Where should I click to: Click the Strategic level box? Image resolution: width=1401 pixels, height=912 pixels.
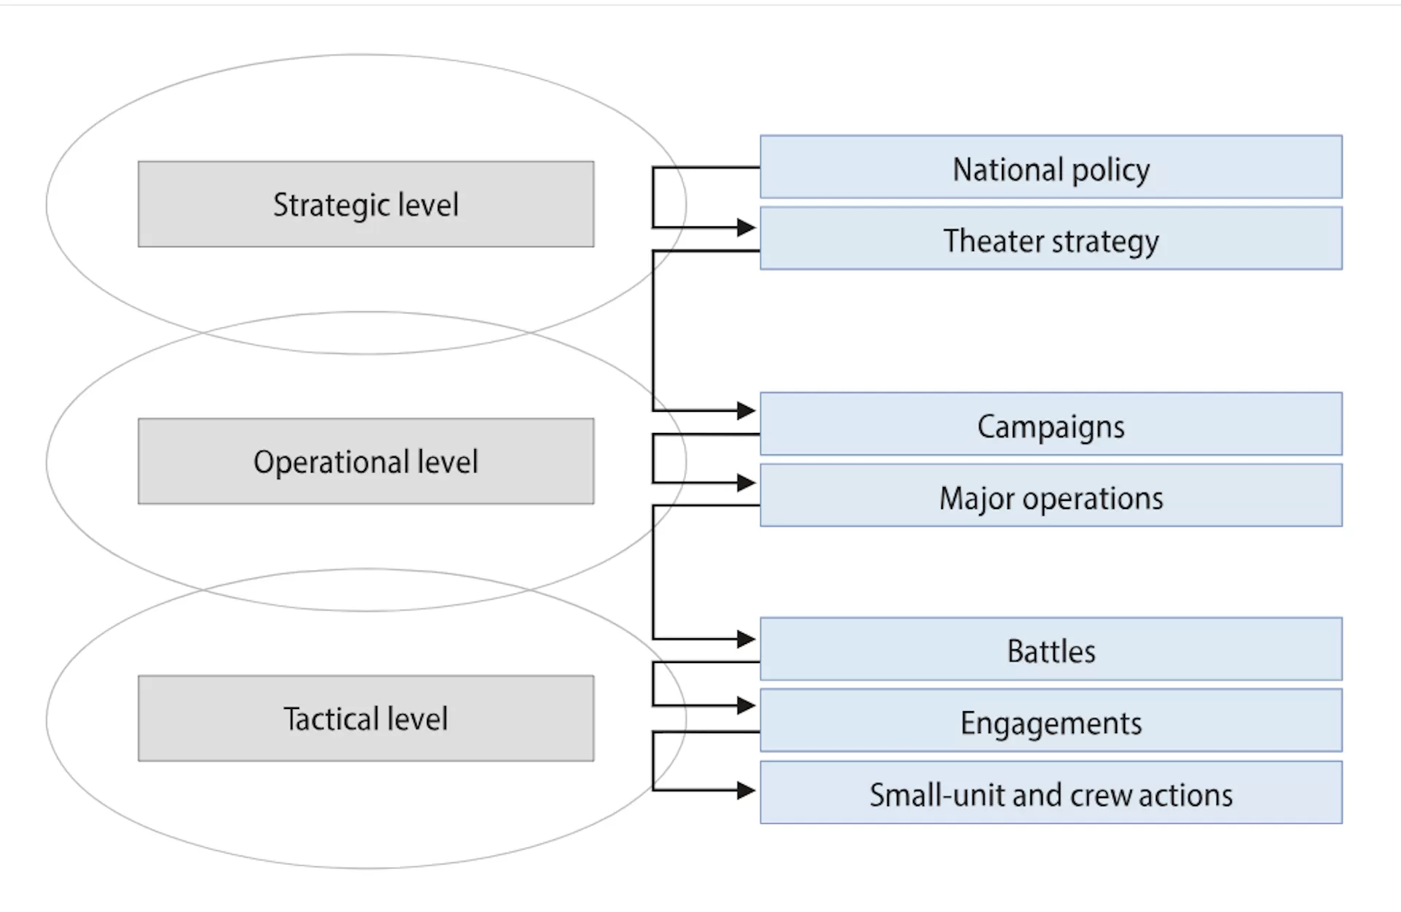click(x=366, y=204)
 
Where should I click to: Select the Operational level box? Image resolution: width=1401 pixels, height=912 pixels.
click(x=366, y=461)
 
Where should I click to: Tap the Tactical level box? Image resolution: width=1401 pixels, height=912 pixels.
click(x=366, y=719)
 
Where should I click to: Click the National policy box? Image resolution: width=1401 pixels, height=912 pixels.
click(x=1051, y=167)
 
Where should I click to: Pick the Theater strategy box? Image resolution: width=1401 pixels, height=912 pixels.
click(x=1051, y=239)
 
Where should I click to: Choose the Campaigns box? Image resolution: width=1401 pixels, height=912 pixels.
click(x=1051, y=424)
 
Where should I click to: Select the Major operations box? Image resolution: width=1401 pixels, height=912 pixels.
click(x=1051, y=496)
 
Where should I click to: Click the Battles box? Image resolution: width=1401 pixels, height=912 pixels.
click(x=1051, y=649)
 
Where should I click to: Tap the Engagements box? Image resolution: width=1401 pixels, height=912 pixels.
click(x=1051, y=721)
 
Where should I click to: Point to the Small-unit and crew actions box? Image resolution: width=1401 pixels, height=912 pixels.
click(x=1051, y=793)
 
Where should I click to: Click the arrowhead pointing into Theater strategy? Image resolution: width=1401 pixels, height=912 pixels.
click(x=746, y=228)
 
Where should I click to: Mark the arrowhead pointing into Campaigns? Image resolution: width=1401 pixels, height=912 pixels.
click(x=746, y=411)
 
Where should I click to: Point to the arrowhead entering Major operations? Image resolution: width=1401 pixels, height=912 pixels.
click(x=746, y=483)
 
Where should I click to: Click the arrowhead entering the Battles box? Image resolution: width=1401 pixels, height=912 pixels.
click(x=746, y=640)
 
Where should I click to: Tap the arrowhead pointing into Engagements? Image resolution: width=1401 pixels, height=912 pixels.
click(x=746, y=705)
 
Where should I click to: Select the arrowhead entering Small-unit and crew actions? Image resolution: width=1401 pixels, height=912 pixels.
click(x=746, y=790)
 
